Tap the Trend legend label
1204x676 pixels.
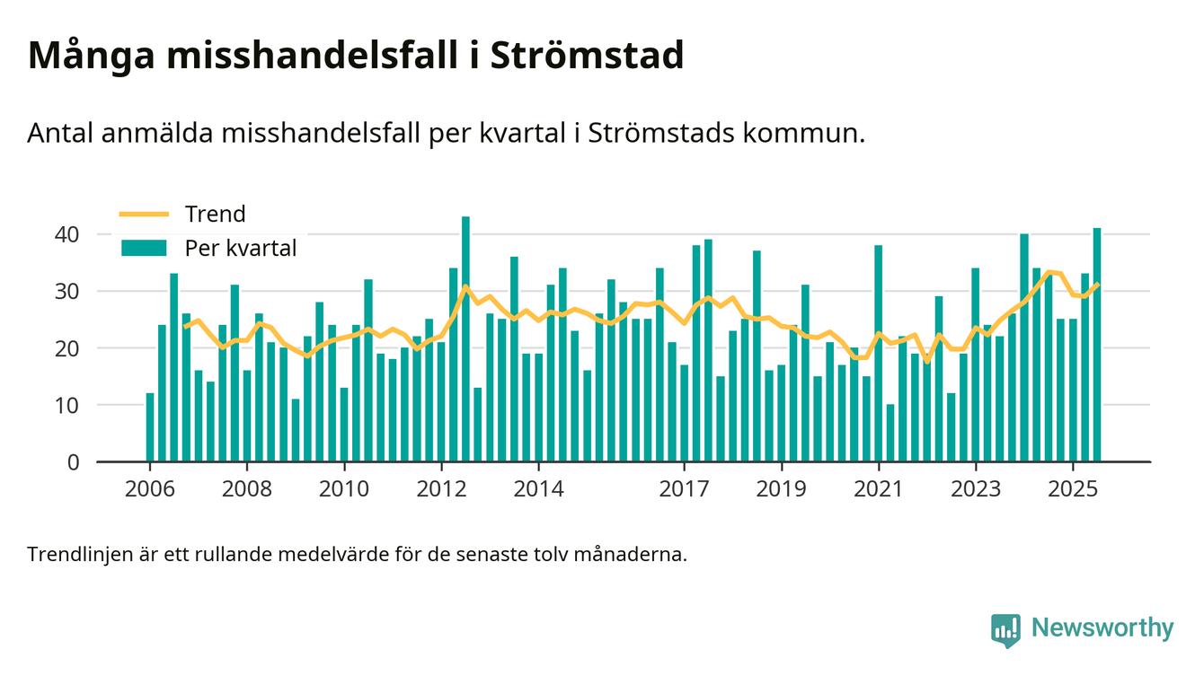215,214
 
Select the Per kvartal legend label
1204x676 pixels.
240,249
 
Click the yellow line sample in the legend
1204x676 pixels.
144,214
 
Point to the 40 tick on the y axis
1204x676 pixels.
67,234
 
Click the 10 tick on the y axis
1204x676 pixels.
67,405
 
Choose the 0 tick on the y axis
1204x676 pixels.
74,462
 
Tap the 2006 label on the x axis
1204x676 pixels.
149,489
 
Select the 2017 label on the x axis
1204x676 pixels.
685,489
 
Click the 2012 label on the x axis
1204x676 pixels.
441,489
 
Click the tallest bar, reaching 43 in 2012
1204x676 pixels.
465,339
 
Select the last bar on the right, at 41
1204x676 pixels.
1097,346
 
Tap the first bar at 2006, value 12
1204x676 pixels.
150,427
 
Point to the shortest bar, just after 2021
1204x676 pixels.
890,434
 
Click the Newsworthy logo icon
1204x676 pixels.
1005,629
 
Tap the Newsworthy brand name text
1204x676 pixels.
1102,628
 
